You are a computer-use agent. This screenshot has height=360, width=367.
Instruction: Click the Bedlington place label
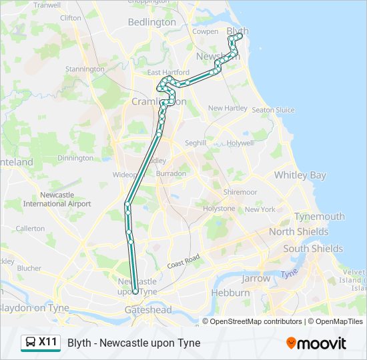[152, 22]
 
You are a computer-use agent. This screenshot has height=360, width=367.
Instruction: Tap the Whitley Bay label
[300, 175]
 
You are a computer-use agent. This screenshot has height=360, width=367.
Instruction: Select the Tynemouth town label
[320, 217]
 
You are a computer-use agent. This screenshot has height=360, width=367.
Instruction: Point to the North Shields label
[298, 232]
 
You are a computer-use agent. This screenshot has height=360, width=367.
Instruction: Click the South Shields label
[313, 249]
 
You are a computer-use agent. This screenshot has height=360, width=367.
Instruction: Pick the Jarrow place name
[256, 279]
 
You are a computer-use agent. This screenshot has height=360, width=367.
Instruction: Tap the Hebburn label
[230, 293]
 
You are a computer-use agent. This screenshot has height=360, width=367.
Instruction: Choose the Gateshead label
[148, 309]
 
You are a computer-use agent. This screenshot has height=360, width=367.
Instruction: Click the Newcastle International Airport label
[57, 199]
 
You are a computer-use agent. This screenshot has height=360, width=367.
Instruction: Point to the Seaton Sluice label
[273, 110]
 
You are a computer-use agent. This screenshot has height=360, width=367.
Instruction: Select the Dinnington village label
[75, 158]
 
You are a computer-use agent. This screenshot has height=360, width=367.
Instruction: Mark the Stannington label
[85, 69]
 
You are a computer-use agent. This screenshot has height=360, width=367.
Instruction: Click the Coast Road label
[183, 261]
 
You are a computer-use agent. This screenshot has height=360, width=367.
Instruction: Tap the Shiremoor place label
[240, 192]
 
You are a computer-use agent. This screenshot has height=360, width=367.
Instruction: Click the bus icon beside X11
[31, 343]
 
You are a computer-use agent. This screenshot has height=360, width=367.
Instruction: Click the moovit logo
[316, 343]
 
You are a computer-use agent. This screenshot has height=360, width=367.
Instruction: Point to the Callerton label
[30, 228]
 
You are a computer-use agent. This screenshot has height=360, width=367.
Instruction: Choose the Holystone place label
[220, 209]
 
